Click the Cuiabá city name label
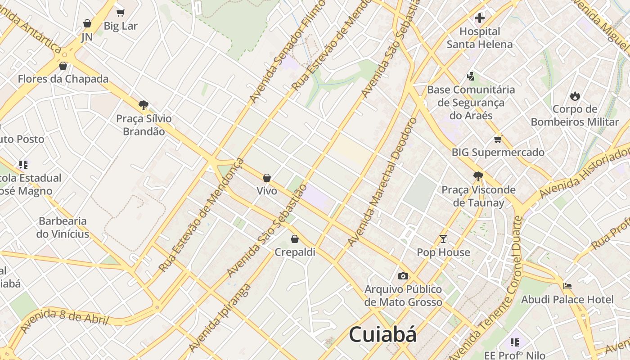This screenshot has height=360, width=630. tap(382, 335)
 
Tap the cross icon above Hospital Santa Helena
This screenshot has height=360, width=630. tap(480, 18)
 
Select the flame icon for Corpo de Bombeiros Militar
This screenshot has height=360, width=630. tap(575, 96)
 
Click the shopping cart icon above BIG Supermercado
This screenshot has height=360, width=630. tap(498, 139)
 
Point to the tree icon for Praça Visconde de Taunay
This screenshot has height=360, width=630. tap(478, 176)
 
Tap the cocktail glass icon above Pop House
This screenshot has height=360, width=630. tap(443, 239)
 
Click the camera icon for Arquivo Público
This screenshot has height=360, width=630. tap(403, 276)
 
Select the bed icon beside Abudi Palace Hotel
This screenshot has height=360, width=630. tap(567, 286)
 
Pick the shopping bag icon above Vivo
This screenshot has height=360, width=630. tap(267, 178)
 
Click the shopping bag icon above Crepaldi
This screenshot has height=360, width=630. tap(295, 239)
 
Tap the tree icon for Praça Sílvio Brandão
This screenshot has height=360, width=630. tap(144, 105)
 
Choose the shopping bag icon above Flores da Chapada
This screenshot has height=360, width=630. tap(63, 66)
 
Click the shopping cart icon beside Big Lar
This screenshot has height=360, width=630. tap(120, 13)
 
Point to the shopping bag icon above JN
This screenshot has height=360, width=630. tap(87, 23)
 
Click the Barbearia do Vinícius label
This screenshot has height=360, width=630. tap(63, 227)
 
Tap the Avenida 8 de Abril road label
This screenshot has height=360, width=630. tap(64, 319)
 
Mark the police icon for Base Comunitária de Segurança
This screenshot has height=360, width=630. tap(471, 76)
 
